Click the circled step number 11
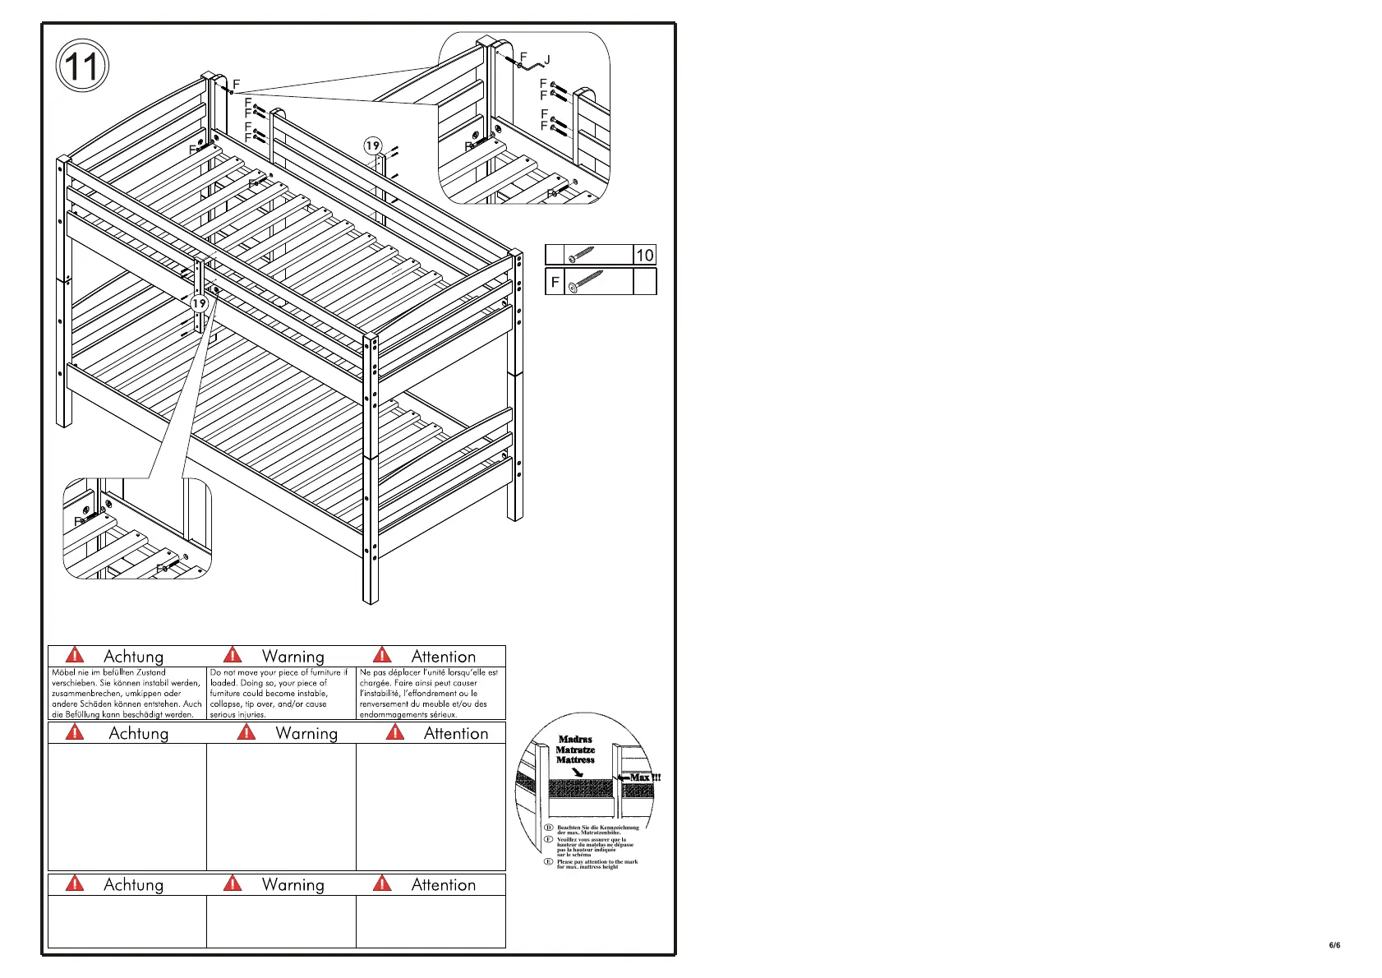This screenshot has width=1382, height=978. coord(82,66)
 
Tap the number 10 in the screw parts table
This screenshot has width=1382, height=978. coord(645,256)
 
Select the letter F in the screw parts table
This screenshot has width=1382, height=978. coord(555,282)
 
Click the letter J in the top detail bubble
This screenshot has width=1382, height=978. coord(547,60)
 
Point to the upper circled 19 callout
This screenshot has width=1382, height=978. coord(373,146)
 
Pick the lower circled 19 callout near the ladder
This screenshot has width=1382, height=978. coord(199,303)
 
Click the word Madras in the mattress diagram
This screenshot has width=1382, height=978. coord(575,740)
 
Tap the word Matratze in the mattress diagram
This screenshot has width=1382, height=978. coord(575,750)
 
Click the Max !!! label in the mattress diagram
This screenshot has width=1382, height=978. coord(644,777)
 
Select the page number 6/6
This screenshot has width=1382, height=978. coord(1334,945)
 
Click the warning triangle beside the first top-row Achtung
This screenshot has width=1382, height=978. coord(75,655)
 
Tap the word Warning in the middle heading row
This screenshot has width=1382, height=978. coord(306,733)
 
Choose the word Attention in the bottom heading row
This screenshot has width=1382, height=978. coord(443,885)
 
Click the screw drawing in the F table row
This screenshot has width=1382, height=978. coord(585,282)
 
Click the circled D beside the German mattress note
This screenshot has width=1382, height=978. coord(549,828)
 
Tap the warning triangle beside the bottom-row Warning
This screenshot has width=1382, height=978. coord(233,883)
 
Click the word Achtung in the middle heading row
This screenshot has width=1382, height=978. coord(138,733)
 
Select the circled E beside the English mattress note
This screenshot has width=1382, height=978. coord(549,861)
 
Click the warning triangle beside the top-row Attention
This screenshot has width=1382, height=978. coord(382,655)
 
